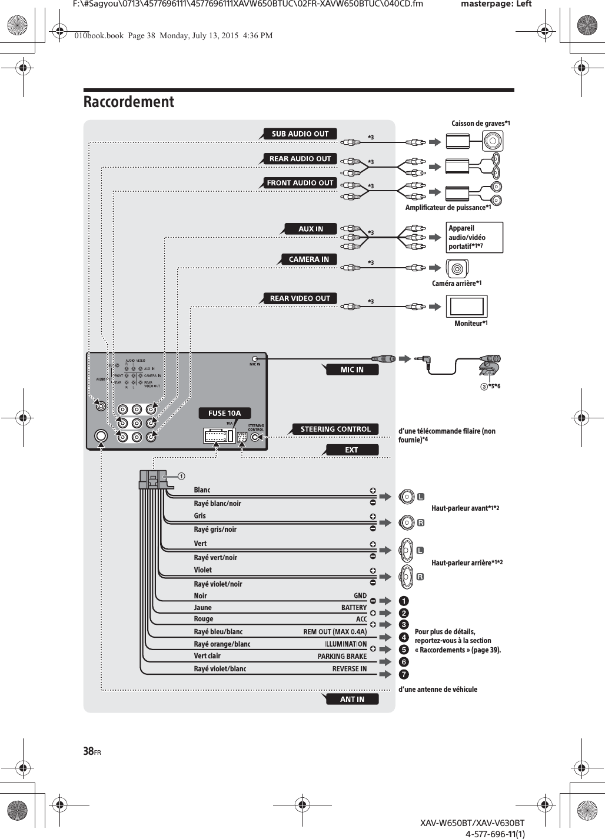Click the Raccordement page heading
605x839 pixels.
click(129, 102)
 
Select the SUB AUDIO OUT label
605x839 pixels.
click(300, 134)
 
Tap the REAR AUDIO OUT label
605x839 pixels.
click(300, 158)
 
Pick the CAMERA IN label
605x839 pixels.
click(308, 259)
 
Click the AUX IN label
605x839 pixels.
click(311, 229)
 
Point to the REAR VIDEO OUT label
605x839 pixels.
click(300, 298)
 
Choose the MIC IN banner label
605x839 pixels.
click(352, 369)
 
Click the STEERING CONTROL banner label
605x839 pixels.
click(335, 429)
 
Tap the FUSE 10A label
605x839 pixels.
click(225, 413)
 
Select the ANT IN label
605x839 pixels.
click(352, 699)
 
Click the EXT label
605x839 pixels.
click(351, 450)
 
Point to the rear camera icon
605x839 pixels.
click(457, 269)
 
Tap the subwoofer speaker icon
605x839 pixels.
click(493, 141)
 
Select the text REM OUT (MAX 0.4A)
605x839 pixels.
click(335, 632)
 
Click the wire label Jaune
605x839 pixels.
click(202, 608)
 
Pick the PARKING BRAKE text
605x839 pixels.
click(342, 656)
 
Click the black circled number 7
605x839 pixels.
click(404, 674)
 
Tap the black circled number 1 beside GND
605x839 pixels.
click(404, 601)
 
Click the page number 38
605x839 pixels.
click(89, 751)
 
